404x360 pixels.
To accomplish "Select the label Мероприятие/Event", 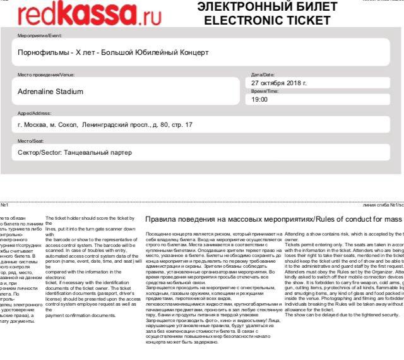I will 40,36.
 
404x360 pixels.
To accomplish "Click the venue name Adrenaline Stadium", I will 56,92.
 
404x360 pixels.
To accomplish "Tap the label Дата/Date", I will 263,75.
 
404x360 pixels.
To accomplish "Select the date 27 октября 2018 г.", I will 278,83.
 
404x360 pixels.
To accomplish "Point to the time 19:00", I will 259,100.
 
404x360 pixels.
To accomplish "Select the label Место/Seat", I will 30,141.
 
